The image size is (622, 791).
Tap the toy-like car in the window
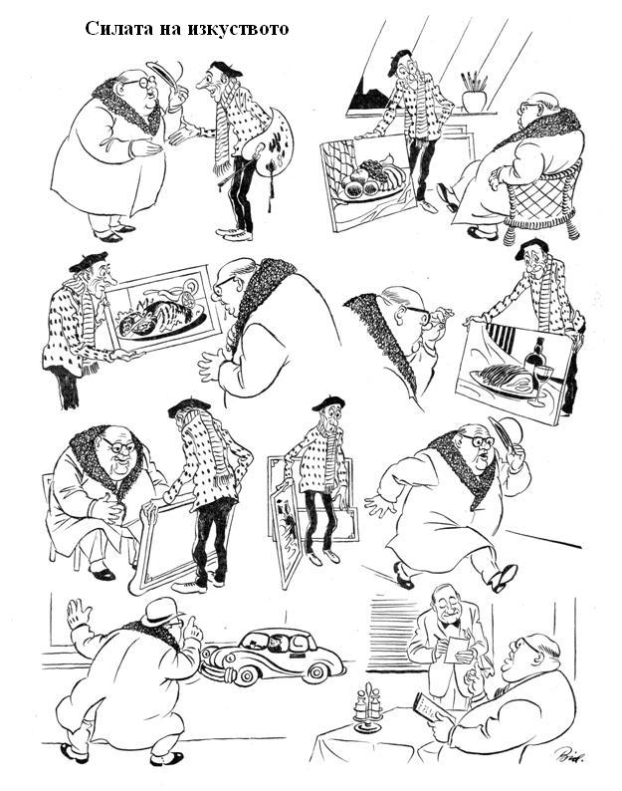coord(273,656)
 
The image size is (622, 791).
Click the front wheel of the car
coord(245,675)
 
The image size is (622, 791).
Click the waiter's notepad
coord(457,650)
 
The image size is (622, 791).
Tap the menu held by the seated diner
coord(427,707)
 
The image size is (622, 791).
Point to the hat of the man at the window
coord(161,611)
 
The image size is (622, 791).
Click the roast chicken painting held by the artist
coord(160,309)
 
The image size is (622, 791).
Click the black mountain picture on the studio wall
coord(368,95)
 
